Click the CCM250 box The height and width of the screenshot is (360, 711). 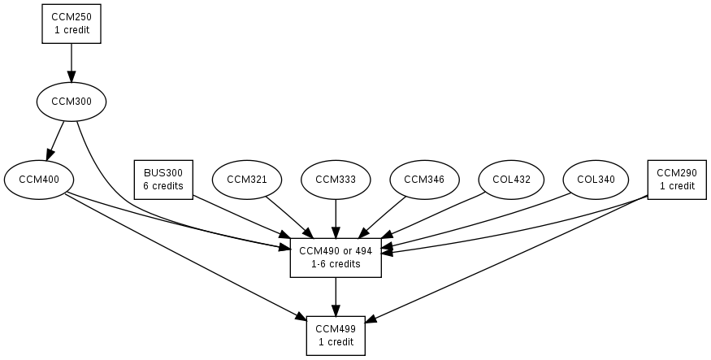click(x=72, y=24)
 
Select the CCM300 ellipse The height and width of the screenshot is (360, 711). click(x=72, y=102)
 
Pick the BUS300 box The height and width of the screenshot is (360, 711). click(x=163, y=180)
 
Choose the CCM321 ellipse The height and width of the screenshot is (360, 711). click(x=247, y=180)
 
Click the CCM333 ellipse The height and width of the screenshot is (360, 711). click(x=336, y=180)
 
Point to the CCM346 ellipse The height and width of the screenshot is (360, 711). click(x=424, y=180)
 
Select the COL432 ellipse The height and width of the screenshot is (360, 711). click(x=512, y=180)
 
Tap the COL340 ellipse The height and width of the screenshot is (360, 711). click(x=596, y=180)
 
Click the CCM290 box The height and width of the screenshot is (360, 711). click(x=677, y=180)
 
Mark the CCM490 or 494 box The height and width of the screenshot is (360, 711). click(x=336, y=258)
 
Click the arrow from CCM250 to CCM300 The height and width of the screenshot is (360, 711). click(x=72, y=62)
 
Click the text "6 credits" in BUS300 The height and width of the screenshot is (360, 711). click(x=163, y=186)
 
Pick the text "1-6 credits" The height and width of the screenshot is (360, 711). click(x=336, y=264)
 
